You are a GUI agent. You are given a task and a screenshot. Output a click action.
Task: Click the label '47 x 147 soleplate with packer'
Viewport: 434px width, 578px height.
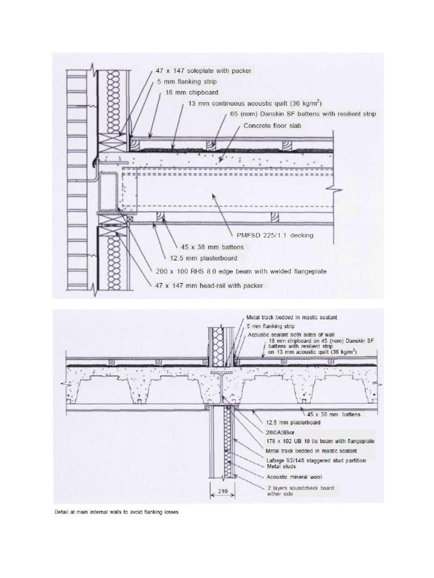[203, 71]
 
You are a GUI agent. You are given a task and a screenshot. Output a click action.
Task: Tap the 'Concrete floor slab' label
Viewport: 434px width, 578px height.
[273, 126]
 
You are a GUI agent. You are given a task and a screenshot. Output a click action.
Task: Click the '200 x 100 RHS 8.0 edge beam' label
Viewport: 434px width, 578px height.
[241, 271]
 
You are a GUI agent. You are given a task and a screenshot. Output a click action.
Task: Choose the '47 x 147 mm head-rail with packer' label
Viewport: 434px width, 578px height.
[209, 286]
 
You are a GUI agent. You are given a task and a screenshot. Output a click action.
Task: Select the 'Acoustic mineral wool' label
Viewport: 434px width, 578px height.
[292, 476]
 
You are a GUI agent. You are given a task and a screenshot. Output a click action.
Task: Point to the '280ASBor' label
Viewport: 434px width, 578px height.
[281, 432]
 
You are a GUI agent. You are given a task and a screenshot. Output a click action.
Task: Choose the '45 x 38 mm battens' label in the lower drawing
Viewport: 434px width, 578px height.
[333, 414]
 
